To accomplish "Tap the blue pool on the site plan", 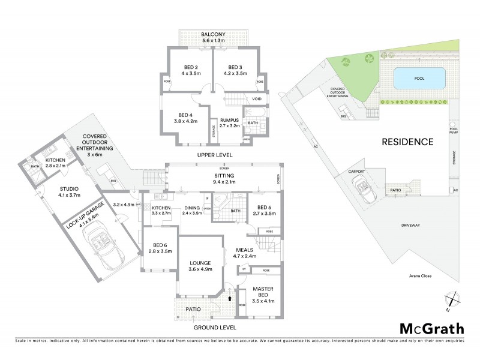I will click(420, 77).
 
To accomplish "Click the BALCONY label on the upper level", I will click(213, 35).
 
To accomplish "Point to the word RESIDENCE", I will click(407, 142).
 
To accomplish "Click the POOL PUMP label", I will click(453, 130).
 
